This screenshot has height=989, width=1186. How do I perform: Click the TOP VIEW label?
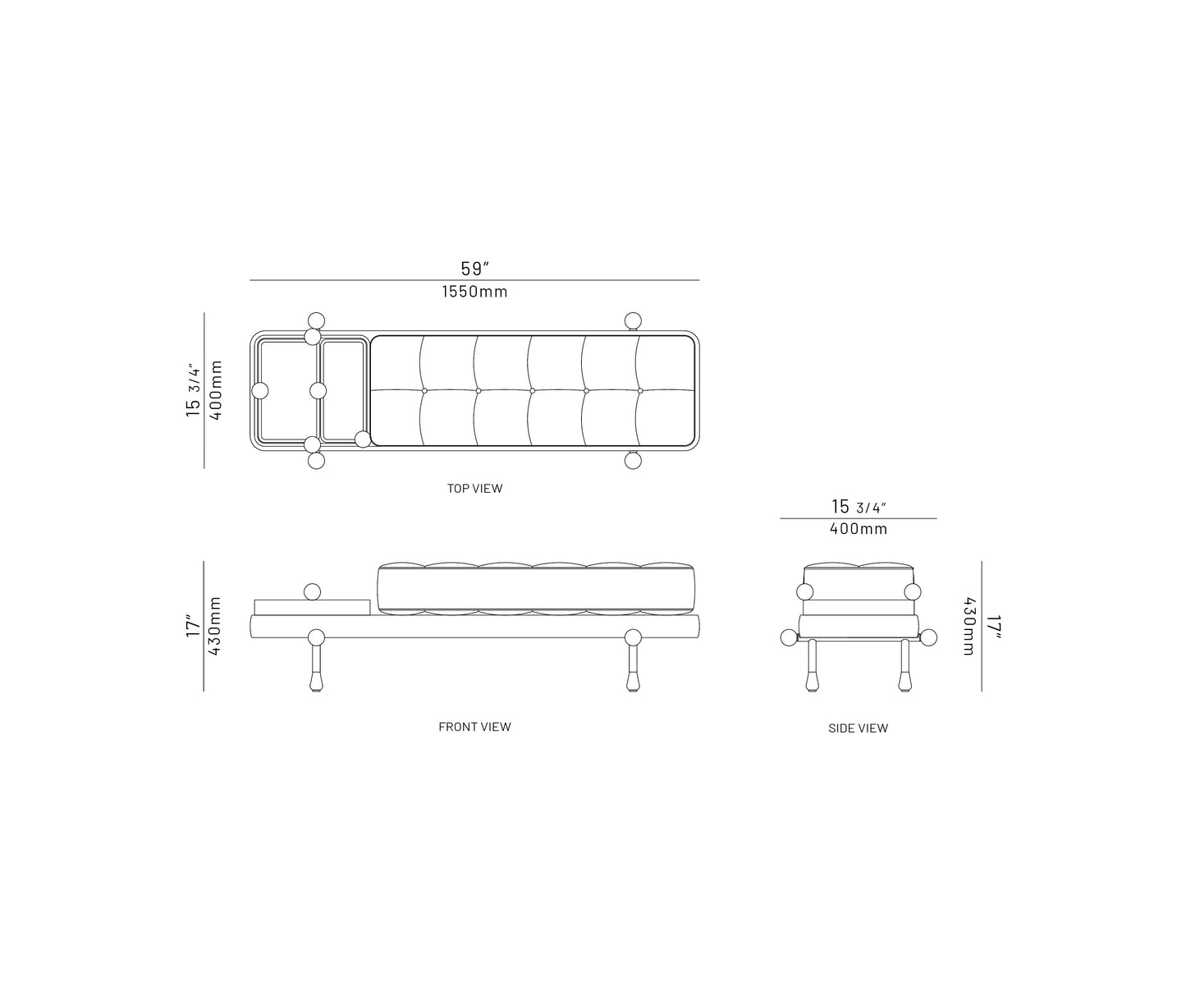(x=474, y=488)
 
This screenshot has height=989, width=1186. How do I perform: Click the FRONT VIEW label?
(x=474, y=726)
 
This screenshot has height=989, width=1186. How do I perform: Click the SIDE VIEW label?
(x=858, y=728)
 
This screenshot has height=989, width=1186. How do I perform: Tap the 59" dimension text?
(x=475, y=269)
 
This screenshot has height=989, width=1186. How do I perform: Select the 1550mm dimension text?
(x=475, y=292)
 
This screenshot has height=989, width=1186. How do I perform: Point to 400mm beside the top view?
(x=216, y=390)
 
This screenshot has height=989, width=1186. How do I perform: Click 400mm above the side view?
(x=858, y=529)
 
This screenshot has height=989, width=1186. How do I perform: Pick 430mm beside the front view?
(x=215, y=626)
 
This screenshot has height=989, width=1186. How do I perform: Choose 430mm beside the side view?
(x=969, y=626)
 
